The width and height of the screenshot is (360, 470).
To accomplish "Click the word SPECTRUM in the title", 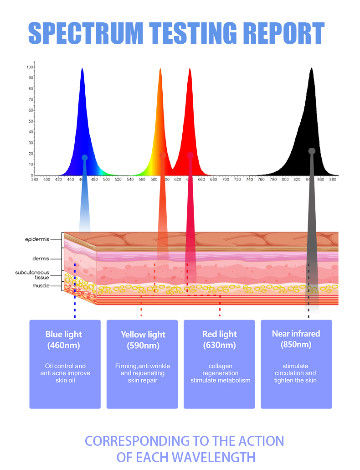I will coord(86,33).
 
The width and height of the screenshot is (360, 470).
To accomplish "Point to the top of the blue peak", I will coord(82,68).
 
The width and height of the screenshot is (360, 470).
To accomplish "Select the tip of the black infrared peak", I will coord(311,68).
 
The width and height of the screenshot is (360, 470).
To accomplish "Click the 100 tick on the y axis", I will coord(30,67).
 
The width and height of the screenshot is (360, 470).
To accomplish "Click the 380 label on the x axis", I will coord(35,180).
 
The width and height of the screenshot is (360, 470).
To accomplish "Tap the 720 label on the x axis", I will coord(237,180).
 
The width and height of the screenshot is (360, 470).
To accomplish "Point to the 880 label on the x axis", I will coord(333,180).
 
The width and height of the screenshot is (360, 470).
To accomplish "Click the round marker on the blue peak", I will coord(84,158).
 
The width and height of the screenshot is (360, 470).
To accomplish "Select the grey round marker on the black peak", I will coord(312,151).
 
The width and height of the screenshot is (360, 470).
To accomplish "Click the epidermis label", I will coord(37,239).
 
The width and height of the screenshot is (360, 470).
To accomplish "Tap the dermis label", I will coord(41,258).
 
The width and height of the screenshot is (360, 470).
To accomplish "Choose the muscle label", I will coord(41,286).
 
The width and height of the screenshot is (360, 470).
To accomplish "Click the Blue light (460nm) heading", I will coord(64,340).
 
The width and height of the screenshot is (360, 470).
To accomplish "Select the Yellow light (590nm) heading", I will coord(143,340).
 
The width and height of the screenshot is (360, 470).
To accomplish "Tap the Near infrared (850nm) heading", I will coord(296,339).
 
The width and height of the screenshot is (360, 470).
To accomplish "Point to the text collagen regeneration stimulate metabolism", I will coord(221,373).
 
